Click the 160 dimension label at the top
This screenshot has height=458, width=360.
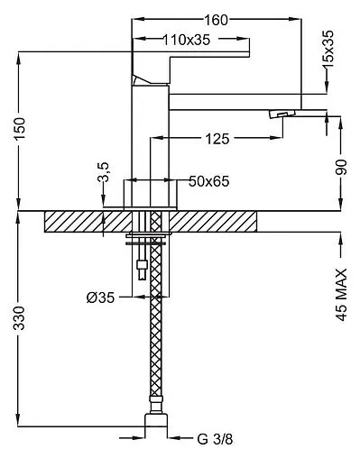216,20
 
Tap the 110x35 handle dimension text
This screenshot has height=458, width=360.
187,40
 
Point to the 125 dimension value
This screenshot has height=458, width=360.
217,139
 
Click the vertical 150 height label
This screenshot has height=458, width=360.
20,129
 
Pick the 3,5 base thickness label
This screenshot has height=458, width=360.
103,172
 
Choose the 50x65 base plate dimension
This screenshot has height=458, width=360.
209,181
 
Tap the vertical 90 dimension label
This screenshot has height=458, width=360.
341,168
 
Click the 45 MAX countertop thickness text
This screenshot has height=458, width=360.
341,295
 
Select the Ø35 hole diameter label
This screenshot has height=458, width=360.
100,298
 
